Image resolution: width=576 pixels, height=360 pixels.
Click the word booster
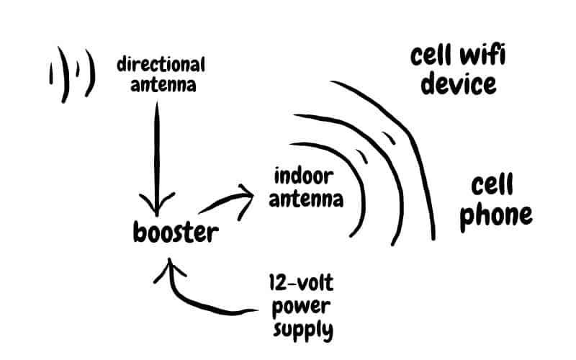(x=174, y=233)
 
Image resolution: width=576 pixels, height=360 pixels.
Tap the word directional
(x=161, y=65)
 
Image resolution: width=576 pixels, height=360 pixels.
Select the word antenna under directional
(x=161, y=84)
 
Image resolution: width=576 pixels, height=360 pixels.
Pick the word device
(x=459, y=84)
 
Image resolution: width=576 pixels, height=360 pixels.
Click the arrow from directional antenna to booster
(x=156, y=151)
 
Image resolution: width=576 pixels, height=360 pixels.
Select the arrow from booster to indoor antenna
(x=229, y=199)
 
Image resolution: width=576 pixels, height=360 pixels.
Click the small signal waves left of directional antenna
(x=71, y=73)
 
